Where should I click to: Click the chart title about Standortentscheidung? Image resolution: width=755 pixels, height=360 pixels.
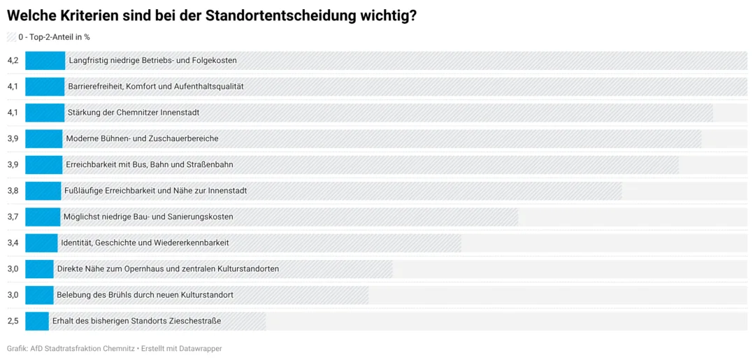pyautogui.click(x=211, y=16)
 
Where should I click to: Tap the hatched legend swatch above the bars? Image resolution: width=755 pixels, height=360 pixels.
pyautogui.click(x=11, y=36)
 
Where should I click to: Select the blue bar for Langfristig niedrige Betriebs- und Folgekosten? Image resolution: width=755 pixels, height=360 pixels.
pyautogui.click(x=45, y=61)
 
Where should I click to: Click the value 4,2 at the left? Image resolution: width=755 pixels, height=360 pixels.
pyautogui.click(x=13, y=61)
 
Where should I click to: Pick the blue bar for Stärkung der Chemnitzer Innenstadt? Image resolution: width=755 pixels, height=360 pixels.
pyautogui.click(x=45, y=113)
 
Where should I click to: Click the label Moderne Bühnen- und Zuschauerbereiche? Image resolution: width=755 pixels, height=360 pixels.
pyautogui.click(x=143, y=138)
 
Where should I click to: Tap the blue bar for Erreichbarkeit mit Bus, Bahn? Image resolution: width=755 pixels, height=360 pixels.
pyautogui.click(x=44, y=164)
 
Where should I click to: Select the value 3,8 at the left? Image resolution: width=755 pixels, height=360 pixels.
pyautogui.click(x=13, y=191)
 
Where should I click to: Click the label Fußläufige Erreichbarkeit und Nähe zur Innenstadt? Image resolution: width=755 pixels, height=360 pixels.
pyautogui.click(x=155, y=191)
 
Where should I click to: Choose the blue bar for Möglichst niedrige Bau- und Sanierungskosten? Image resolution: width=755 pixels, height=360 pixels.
pyautogui.click(x=43, y=217)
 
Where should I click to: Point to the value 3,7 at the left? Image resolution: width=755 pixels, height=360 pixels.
pyautogui.click(x=13, y=217)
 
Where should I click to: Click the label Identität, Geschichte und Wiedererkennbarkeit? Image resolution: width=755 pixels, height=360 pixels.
pyautogui.click(x=145, y=243)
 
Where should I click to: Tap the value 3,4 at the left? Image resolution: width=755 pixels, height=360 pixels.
pyautogui.click(x=13, y=243)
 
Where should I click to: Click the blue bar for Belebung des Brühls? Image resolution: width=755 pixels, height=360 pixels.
pyautogui.click(x=39, y=294)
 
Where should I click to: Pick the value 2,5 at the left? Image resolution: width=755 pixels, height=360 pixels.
pyautogui.click(x=13, y=321)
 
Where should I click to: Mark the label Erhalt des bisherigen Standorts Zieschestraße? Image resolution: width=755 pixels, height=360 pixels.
pyautogui.click(x=137, y=321)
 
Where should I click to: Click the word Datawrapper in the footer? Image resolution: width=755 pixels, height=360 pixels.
pyautogui.click(x=202, y=348)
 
